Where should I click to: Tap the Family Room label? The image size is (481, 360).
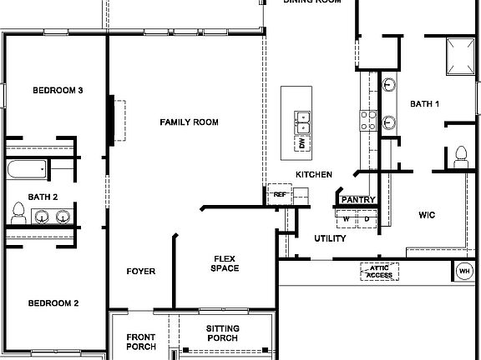tap(189, 122)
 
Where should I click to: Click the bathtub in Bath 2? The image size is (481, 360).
tap(26, 170)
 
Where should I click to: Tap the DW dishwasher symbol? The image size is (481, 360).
tap(301, 143)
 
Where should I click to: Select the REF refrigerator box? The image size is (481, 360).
tap(279, 194)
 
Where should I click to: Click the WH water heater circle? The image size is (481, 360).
tap(464, 271)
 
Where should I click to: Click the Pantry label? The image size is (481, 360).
tap(358, 200)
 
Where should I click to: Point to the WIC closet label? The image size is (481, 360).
tap(427, 215)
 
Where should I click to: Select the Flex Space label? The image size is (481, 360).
tap(225, 263)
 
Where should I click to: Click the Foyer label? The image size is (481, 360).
tap(140, 272)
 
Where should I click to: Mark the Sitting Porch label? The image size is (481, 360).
tap(222, 333)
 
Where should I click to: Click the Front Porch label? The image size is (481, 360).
tap(140, 342)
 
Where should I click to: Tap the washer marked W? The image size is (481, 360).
tap(347, 218)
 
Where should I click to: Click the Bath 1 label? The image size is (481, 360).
tap(424, 104)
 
